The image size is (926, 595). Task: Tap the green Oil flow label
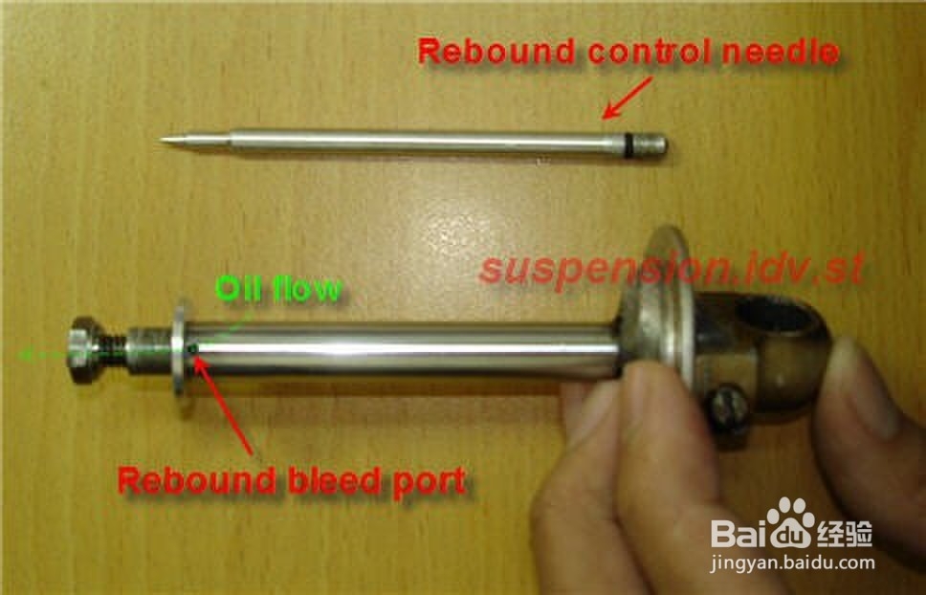pos(278,288)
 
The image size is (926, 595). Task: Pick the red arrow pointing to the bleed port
pos(226,402)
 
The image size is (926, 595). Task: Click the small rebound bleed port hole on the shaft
pos(194,352)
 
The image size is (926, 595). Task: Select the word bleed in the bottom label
pos(320,479)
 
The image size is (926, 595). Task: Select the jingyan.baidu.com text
pos(792,563)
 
